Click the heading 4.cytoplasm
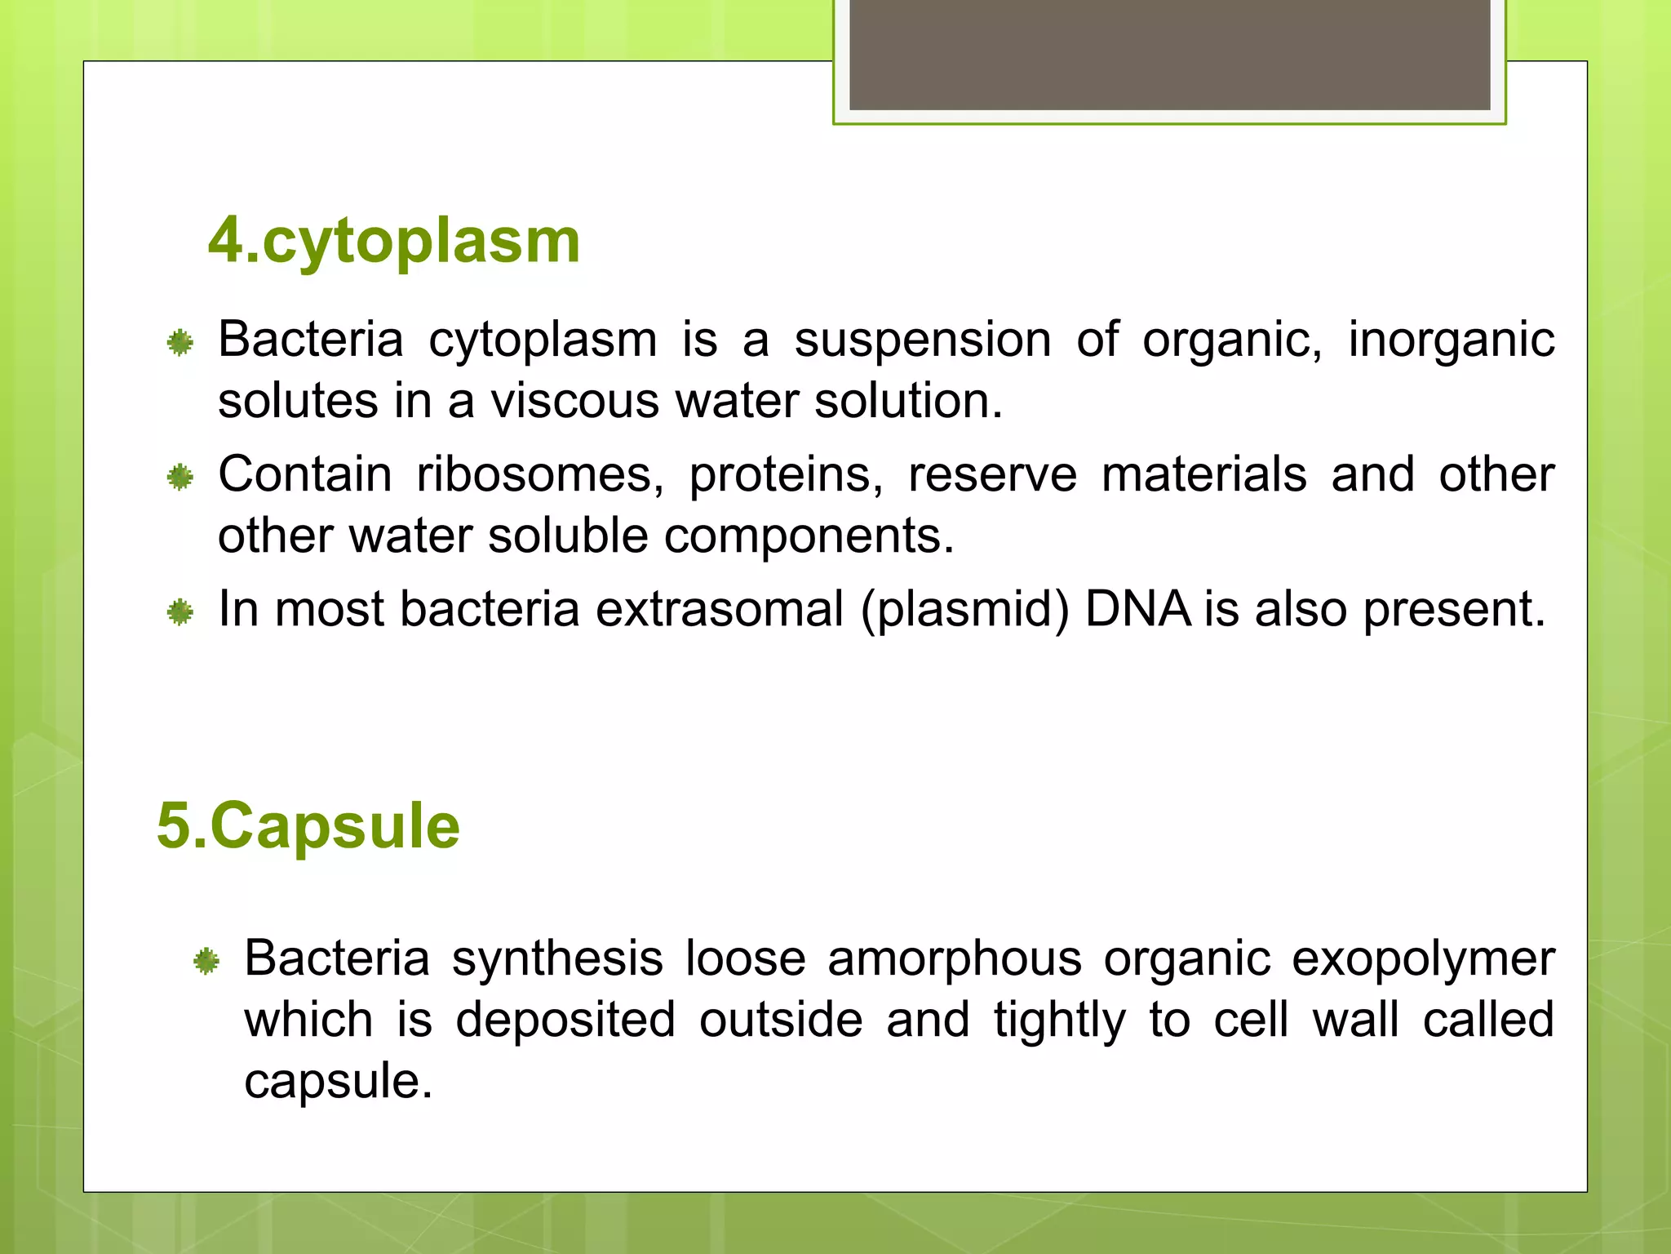[x=394, y=241]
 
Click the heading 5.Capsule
[x=308, y=826]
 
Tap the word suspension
[x=923, y=340]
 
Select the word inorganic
[x=1451, y=340]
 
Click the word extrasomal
[x=719, y=610]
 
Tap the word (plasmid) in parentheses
[x=964, y=610]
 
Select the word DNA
[x=1137, y=610]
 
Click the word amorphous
[x=954, y=958]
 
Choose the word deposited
[x=565, y=1021]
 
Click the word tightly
[x=1059, y=1021]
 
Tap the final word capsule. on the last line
[x=338, y=1083]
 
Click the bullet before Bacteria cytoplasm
[x=180, y=343]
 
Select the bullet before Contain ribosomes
[x=180, y=478]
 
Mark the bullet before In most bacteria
[x=180, y=612]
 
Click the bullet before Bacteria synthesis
[x=206, y=962]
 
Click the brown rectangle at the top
[x=1169, y=55]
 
